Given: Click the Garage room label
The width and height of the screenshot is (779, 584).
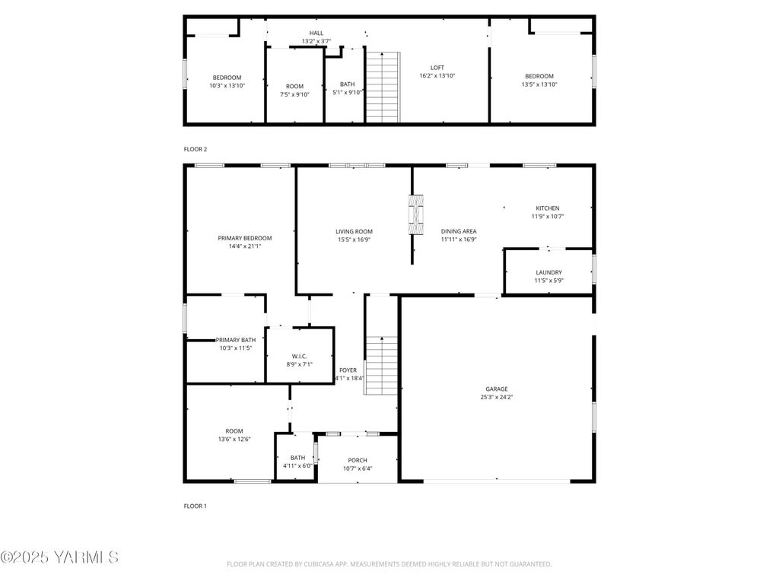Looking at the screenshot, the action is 497,389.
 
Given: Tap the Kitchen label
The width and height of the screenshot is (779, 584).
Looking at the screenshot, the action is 548,208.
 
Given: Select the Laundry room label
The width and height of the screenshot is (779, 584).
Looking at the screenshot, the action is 549,272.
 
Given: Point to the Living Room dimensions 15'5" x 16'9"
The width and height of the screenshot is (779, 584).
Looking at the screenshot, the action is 355,240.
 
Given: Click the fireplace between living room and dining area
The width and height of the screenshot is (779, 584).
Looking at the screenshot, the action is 416,214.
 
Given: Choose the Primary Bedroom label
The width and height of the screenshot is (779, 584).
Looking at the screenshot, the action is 245,238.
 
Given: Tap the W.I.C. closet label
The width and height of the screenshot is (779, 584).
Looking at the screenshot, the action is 299,356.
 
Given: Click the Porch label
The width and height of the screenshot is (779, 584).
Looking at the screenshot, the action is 358,460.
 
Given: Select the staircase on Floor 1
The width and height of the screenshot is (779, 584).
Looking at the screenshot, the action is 382,366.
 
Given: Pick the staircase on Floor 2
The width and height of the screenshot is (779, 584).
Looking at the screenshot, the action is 383,87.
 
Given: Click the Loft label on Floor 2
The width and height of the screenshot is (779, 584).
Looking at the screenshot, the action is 437,68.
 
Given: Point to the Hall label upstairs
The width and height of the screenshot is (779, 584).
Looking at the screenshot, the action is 316,33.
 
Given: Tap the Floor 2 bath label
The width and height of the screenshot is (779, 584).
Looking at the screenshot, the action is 347,84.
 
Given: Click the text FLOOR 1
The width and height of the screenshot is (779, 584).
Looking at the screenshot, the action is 196,506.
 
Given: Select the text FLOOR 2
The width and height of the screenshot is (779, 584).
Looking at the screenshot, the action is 196,149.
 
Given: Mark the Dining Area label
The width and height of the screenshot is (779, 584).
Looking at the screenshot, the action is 459,231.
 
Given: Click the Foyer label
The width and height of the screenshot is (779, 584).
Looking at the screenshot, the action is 348,370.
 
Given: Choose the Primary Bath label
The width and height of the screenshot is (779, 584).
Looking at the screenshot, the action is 236,340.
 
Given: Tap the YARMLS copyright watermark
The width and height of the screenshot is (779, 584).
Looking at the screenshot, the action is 59,557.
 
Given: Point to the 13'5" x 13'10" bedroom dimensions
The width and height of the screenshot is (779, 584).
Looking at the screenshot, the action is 539,84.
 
